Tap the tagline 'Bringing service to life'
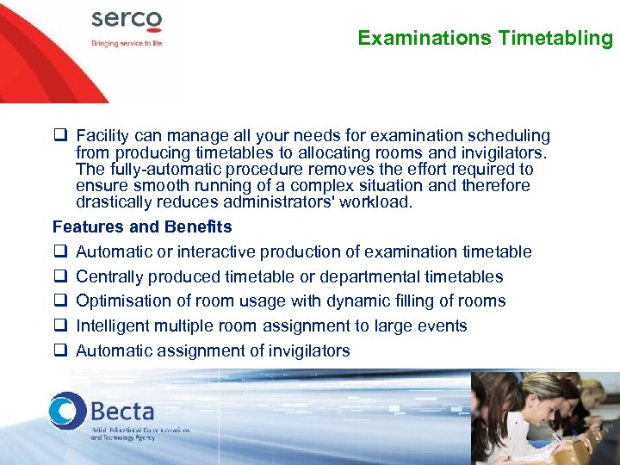click(x=127, y=42)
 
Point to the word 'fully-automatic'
click(x=153, y=170)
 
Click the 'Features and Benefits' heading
click(x=142, y=227)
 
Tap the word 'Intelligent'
click(x=114, y=326)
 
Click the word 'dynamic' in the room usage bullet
click(x=373, y=301)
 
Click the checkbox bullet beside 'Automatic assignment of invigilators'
click(x=60, y=350)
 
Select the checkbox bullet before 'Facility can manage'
click(x=60, y=136)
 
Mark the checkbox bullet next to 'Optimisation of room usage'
click(x=60, y=301)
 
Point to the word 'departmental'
click(x=387, y=277)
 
